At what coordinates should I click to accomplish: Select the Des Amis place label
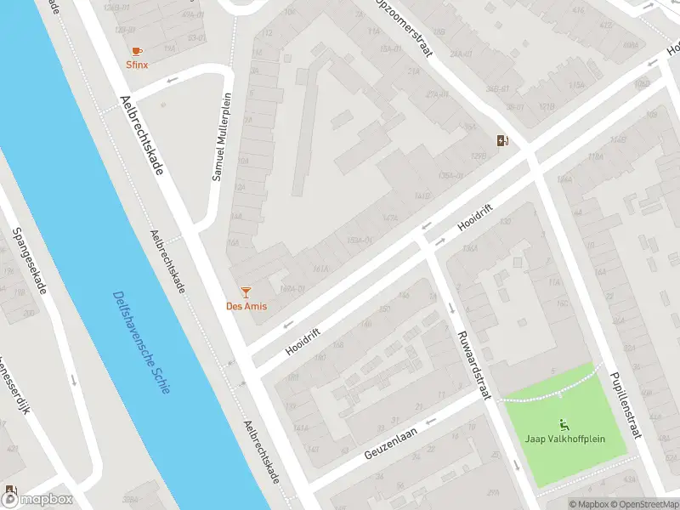(246, 306)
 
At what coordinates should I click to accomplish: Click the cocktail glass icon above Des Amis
(246, 292)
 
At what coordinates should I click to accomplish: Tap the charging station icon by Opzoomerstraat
(504, 141)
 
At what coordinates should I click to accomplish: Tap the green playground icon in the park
(562, 423)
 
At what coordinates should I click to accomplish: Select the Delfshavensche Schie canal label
(141, 342)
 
